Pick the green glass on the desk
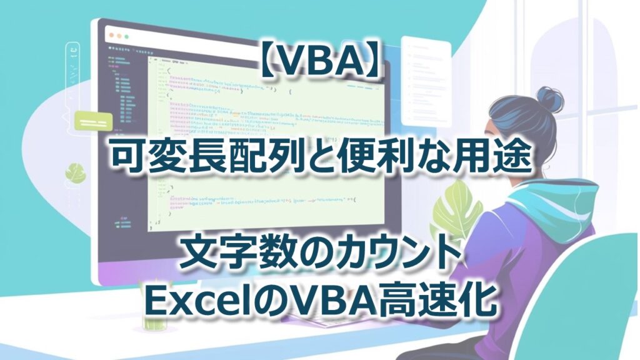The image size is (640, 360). [x=152, y=319]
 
